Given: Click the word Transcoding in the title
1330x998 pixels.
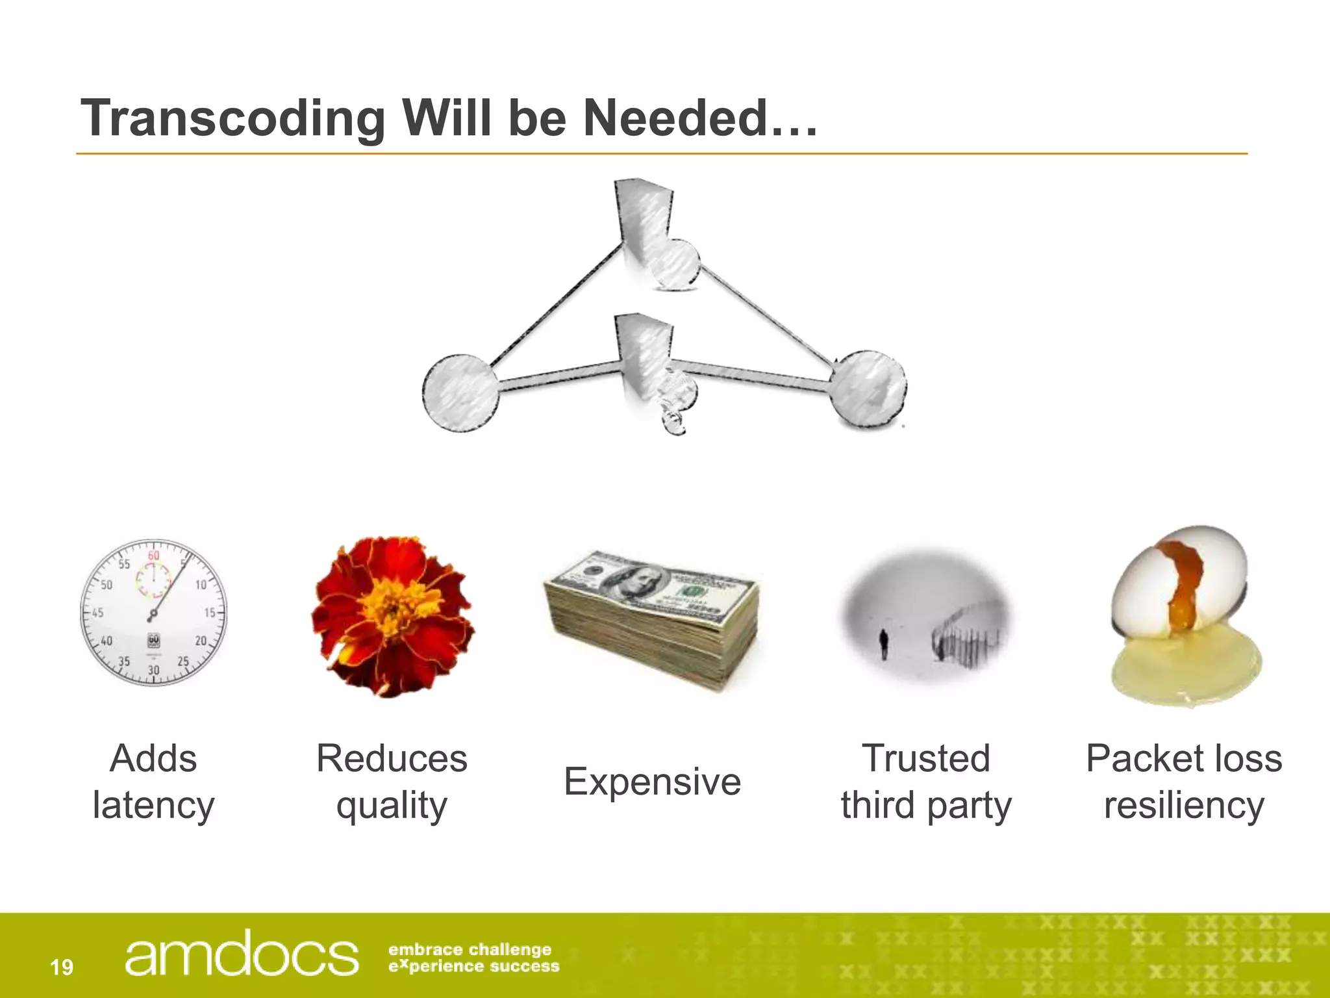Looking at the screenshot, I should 233,118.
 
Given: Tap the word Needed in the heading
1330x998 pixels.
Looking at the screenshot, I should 675,118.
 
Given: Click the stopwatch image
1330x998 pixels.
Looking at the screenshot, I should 154,612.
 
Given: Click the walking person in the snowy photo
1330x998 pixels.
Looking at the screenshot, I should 883,643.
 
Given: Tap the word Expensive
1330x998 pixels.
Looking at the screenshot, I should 652,781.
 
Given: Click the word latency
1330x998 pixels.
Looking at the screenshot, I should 153,806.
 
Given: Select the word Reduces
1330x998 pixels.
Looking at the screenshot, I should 392,758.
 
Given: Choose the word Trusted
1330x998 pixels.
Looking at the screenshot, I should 925,758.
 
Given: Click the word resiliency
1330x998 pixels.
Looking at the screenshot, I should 1184,806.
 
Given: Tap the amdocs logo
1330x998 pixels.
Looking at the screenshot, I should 241,954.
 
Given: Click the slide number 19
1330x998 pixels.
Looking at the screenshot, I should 62,967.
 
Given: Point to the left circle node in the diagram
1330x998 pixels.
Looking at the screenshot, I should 460,393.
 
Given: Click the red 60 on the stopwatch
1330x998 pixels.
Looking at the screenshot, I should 153,556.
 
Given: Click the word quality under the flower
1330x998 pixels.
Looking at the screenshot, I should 392,806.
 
